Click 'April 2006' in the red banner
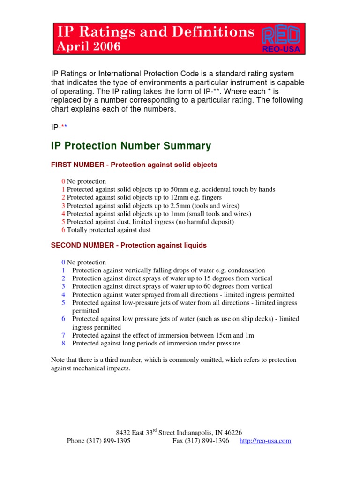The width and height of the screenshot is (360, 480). tap(88, 46)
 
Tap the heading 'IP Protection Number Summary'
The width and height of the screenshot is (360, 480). tap(131, 146)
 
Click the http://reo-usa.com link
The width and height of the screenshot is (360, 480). tap(265, 441)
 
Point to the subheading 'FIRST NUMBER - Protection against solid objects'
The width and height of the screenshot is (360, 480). tap(134, 165)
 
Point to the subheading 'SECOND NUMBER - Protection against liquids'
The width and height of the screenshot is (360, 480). tap(128, 245)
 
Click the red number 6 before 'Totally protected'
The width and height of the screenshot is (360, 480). tap(63, 230)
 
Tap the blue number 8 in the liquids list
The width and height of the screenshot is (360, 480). tap(63, 343)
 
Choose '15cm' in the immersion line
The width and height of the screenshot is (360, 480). tap(207, 335)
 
